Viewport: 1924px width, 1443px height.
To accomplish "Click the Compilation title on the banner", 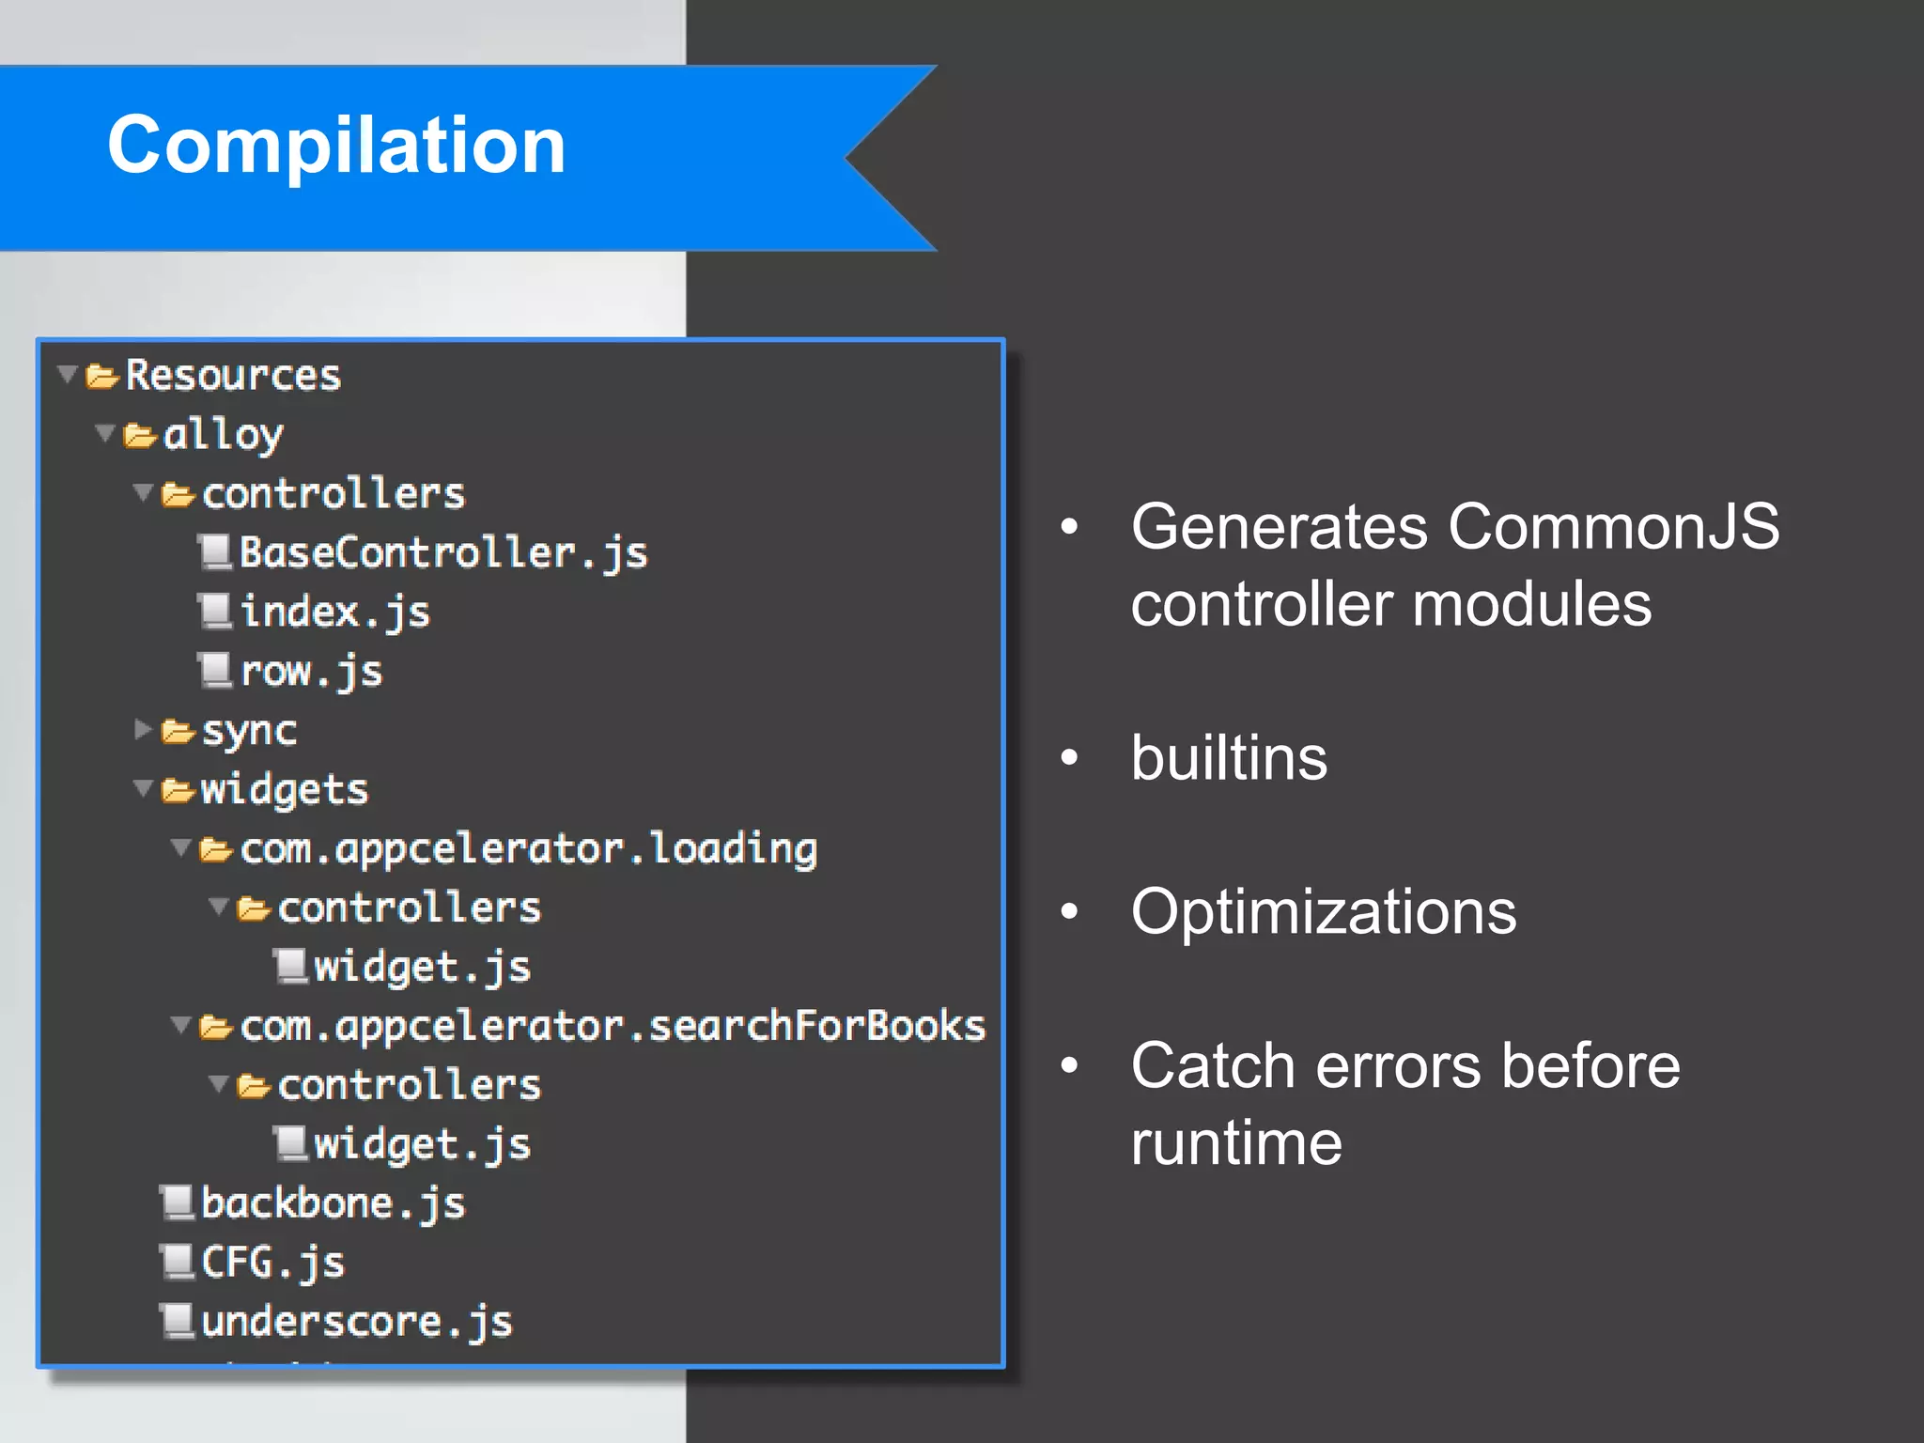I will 336,146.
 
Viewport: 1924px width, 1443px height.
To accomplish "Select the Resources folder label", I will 233,376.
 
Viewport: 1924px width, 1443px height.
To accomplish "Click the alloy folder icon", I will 140,436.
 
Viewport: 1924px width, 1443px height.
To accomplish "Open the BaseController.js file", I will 442,552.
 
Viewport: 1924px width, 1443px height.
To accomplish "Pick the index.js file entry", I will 334,613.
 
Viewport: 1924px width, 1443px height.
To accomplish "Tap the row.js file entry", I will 311,672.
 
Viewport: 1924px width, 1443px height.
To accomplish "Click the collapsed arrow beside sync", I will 143,730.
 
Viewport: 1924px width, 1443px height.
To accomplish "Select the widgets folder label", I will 284,790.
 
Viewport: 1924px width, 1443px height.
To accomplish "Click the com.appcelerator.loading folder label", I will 528,849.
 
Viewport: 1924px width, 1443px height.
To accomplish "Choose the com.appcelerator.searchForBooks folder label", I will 613,1027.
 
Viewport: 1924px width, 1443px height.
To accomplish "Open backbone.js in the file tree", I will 333,1204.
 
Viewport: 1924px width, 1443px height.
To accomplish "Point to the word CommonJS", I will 1613,526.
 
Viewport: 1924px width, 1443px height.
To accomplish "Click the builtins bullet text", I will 1229,758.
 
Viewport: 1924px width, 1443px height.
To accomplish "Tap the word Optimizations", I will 1323,912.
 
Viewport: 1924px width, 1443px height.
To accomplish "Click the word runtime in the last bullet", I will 1236,1143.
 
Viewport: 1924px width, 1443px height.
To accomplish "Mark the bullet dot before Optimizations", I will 1069,911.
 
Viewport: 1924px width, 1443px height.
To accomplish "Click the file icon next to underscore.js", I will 178,1321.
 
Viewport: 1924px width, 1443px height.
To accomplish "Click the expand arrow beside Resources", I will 68,375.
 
